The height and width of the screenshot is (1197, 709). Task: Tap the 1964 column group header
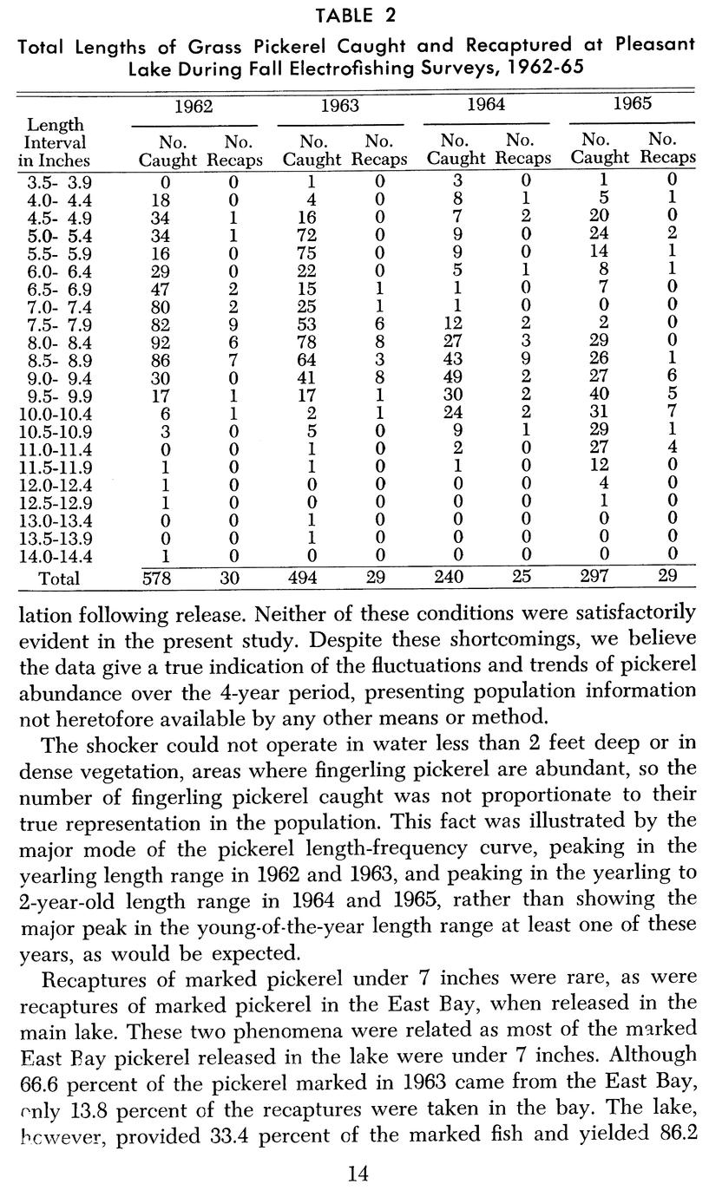pyautogui.click(x=486, y=105)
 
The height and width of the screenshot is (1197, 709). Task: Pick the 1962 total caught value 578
pyautogui.click(x=162, y=578)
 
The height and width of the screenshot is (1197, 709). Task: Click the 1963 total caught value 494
pyautogui.click(x=309, y=578)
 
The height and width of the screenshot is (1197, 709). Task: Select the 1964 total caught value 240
pyautogui.click(x=449, y=578)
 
